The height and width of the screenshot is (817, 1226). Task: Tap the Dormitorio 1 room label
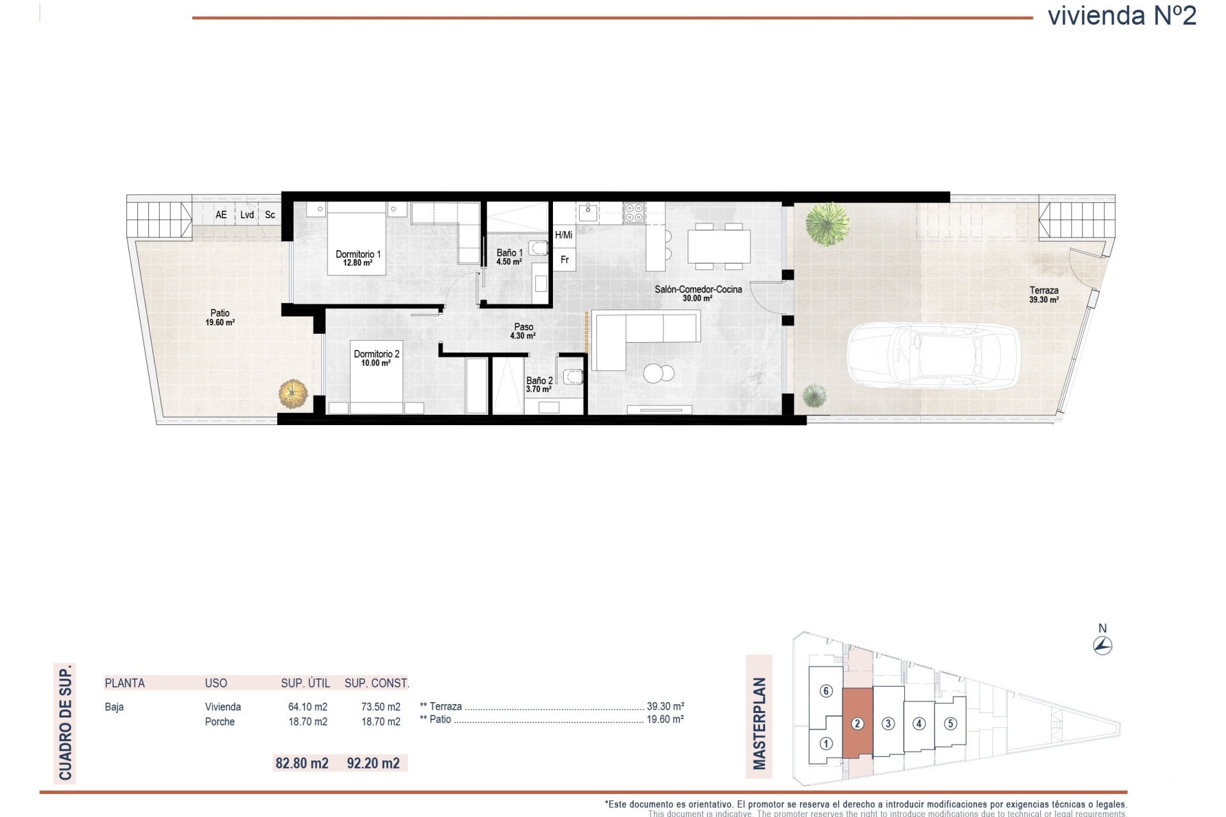click(x=358, y=258)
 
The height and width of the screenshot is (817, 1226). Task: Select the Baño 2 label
click(x=539, y=384)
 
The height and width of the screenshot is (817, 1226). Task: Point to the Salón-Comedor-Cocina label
click(x=698, y=293)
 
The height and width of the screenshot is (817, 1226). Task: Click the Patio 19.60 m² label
click(x=220, y=317)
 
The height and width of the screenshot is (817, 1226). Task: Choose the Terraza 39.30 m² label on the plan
click(x=1043, y=294)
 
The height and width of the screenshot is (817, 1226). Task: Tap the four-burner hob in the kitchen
click(x=634, y=213)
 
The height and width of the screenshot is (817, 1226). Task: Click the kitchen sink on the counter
click(x=587, y=212)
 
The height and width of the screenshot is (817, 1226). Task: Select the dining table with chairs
click(x=718, y=246)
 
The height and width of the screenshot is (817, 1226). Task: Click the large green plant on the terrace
click(x=827, y=223)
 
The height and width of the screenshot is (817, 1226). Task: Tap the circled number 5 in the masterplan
click(x=950, y=724)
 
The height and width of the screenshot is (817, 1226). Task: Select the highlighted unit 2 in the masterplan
click(x=858, y=723)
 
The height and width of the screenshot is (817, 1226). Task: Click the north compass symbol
click(x=1103, y=645)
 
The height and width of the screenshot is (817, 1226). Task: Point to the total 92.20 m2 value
click(x=373, y=763)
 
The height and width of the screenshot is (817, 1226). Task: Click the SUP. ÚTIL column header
click(x=305, y=683)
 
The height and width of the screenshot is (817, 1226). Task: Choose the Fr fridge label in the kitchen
click(x=564, y=260)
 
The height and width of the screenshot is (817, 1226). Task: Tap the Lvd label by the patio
click(x=247, y=215)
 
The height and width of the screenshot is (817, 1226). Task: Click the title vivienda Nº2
click(x=1122, y=16)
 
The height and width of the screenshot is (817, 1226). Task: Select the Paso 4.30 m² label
click(x=523, y=331)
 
